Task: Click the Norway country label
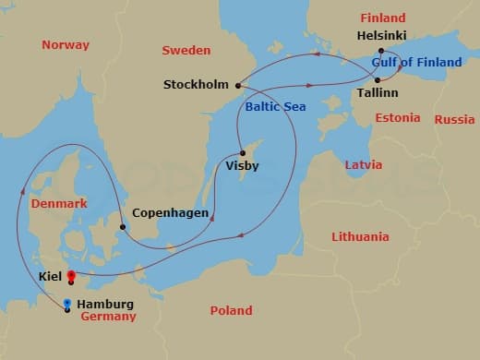click(x=66, y=44)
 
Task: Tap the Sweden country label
click(x=186, y=50)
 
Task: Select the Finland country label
click(x=382, y=18)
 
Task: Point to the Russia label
click(x=454, y=119)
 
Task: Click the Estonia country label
click(x=397, y=118)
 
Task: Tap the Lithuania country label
click(x=360, y=236)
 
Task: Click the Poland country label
click(x=231, y=310)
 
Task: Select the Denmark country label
click(x=58, y=203)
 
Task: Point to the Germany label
click(x=108, y=317)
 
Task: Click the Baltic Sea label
click(x=275, y=107)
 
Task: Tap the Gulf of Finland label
click(x=416, y=63)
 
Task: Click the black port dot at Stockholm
click(x=239, y=86)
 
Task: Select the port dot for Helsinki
click(x=381, y=51)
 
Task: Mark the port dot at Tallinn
click(x=378, y=79)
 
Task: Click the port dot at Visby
click(x=242, y=153)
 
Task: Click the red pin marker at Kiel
click(x=71, y=276)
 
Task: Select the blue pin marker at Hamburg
click(x=67, y=305)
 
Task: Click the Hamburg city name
click(x=105, y=304)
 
